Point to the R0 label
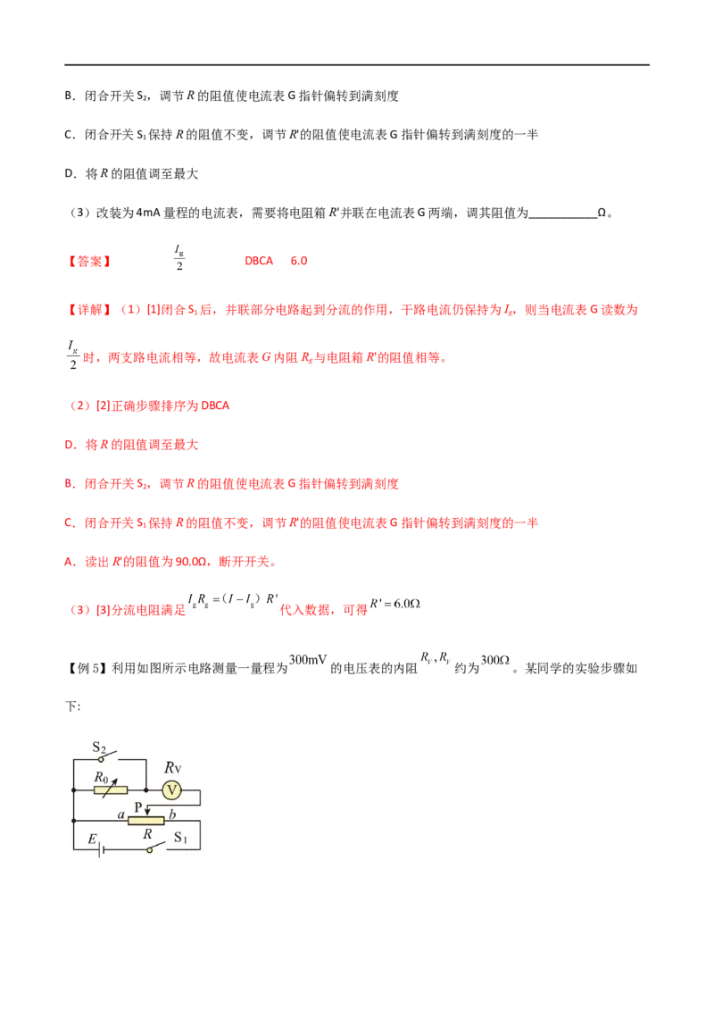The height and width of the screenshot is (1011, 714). click(102, 778)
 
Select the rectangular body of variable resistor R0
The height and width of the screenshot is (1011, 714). click(110, 790)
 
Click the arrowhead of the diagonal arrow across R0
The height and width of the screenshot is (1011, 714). click(116, 779)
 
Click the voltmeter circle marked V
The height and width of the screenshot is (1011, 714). click(171, 790)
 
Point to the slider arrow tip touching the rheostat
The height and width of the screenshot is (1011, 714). click(146, 814)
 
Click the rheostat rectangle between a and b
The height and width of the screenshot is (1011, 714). click(146, 820)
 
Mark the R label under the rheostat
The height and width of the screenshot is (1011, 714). click(147, 834)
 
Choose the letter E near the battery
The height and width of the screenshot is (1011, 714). click(91, 840)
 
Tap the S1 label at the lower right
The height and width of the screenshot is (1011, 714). click(180, 838)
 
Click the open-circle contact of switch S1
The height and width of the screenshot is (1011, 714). click(149, 849)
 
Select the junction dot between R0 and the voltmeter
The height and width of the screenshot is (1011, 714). click(146, 790)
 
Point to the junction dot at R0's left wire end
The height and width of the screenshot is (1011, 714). click(72, 790)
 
